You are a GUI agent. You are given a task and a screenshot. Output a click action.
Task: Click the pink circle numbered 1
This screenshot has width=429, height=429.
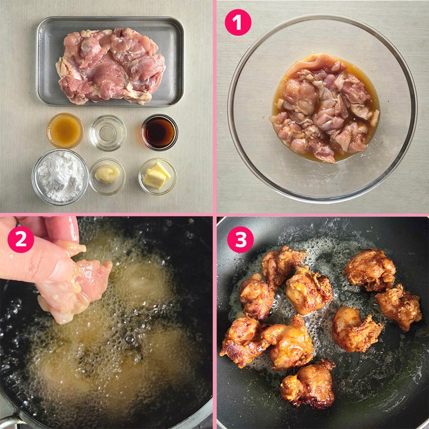[x=238, y=23]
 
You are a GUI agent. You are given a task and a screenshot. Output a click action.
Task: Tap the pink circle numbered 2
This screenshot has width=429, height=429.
[x=21, y=240]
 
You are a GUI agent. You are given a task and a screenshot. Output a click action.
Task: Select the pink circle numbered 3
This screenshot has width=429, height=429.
[x=241, y=240]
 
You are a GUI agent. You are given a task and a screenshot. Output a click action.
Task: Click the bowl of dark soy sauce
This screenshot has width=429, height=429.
[x=160, y=132]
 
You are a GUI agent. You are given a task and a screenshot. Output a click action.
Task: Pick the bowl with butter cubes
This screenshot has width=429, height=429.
[x=157, y=176]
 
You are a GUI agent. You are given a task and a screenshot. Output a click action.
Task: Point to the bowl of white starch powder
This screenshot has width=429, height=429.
[x=60, y=177]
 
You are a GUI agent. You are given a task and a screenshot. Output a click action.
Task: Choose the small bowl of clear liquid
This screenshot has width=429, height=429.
[x=108, y=133]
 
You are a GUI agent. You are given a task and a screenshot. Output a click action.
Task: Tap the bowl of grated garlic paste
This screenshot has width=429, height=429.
[x=107, y=176]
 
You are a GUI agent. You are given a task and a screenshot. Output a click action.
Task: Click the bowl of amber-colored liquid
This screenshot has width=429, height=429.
[x=65, y=130]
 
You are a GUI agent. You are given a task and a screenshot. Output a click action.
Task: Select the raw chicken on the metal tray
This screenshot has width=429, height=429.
[x=111, y=66]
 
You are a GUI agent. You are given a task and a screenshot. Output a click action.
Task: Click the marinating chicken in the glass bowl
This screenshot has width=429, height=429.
[x=325, y=107]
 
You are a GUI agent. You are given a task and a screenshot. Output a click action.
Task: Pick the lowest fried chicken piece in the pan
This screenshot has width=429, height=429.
[x=309, y=384]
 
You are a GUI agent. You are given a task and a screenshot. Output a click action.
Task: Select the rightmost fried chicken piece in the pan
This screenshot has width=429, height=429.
[x=399, y=307]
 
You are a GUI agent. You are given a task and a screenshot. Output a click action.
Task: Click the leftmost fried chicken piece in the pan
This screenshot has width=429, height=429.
[x=242, y=341]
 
